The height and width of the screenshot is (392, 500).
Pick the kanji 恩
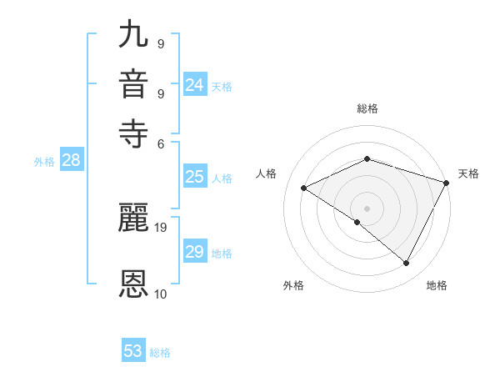(134, 284)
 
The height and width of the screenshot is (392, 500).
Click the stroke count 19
(161, 227)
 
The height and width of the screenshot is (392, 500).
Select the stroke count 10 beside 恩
(161, 294)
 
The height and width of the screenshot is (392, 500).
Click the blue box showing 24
(194, 85)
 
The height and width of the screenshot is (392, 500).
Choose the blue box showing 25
(194, 177)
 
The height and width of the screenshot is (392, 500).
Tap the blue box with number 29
(194, 252)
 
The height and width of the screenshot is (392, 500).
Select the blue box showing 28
(71, 161)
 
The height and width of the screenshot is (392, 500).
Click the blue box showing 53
(133, 351)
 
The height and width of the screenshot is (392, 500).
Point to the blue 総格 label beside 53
(160, 353)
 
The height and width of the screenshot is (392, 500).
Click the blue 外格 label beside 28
(44, 163)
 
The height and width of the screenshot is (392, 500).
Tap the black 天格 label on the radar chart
(468, 173)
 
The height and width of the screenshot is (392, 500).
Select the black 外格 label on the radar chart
(293, 286)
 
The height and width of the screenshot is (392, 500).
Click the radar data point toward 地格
(407, 264)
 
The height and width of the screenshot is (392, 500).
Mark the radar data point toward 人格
(304, 188)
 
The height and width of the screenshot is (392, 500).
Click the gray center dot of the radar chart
(367, 208)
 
